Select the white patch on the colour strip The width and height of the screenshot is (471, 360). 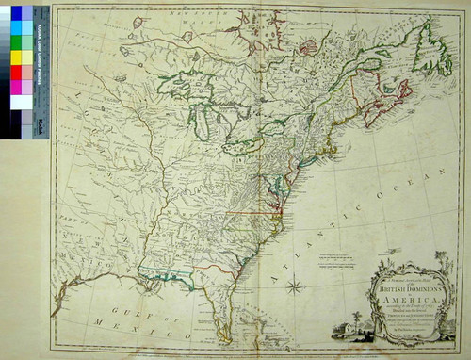click(16, 102)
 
